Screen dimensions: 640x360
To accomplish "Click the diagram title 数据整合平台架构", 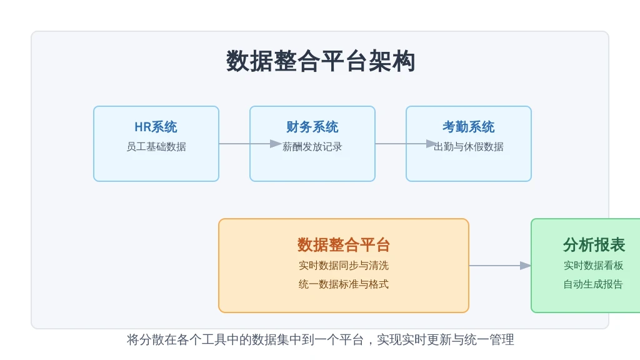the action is [x=321, y=61].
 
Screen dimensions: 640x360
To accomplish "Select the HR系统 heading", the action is [x=156, y=127].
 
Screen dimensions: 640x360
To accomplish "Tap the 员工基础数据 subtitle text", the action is [x=156, y=146].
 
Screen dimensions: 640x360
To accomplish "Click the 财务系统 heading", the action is [x=312, y=127].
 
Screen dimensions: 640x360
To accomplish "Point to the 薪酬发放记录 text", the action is [x=312, y=146].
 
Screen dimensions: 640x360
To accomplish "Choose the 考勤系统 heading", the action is [x=469, y=127].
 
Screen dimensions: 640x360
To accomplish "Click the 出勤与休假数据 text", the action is [x=469, y=146].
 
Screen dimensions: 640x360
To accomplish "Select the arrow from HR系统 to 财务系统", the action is [x=250, y=144].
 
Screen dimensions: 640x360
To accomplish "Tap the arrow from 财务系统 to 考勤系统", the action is [x=406, y=144].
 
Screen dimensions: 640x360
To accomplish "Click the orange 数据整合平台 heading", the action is [x=344, y=245].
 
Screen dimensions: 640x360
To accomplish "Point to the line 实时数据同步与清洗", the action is [x=344, y=265].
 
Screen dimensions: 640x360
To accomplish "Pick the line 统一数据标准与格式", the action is [x=344, y=284].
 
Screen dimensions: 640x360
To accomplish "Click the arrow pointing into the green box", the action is [x=500, y=266].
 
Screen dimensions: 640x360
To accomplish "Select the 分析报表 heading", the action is [x=594, y=245].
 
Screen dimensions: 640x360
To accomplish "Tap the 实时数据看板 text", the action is [x=594, y=265].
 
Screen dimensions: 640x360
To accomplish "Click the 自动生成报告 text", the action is [x=594, y=284].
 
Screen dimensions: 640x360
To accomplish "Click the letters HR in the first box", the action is [x=143, y=127].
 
